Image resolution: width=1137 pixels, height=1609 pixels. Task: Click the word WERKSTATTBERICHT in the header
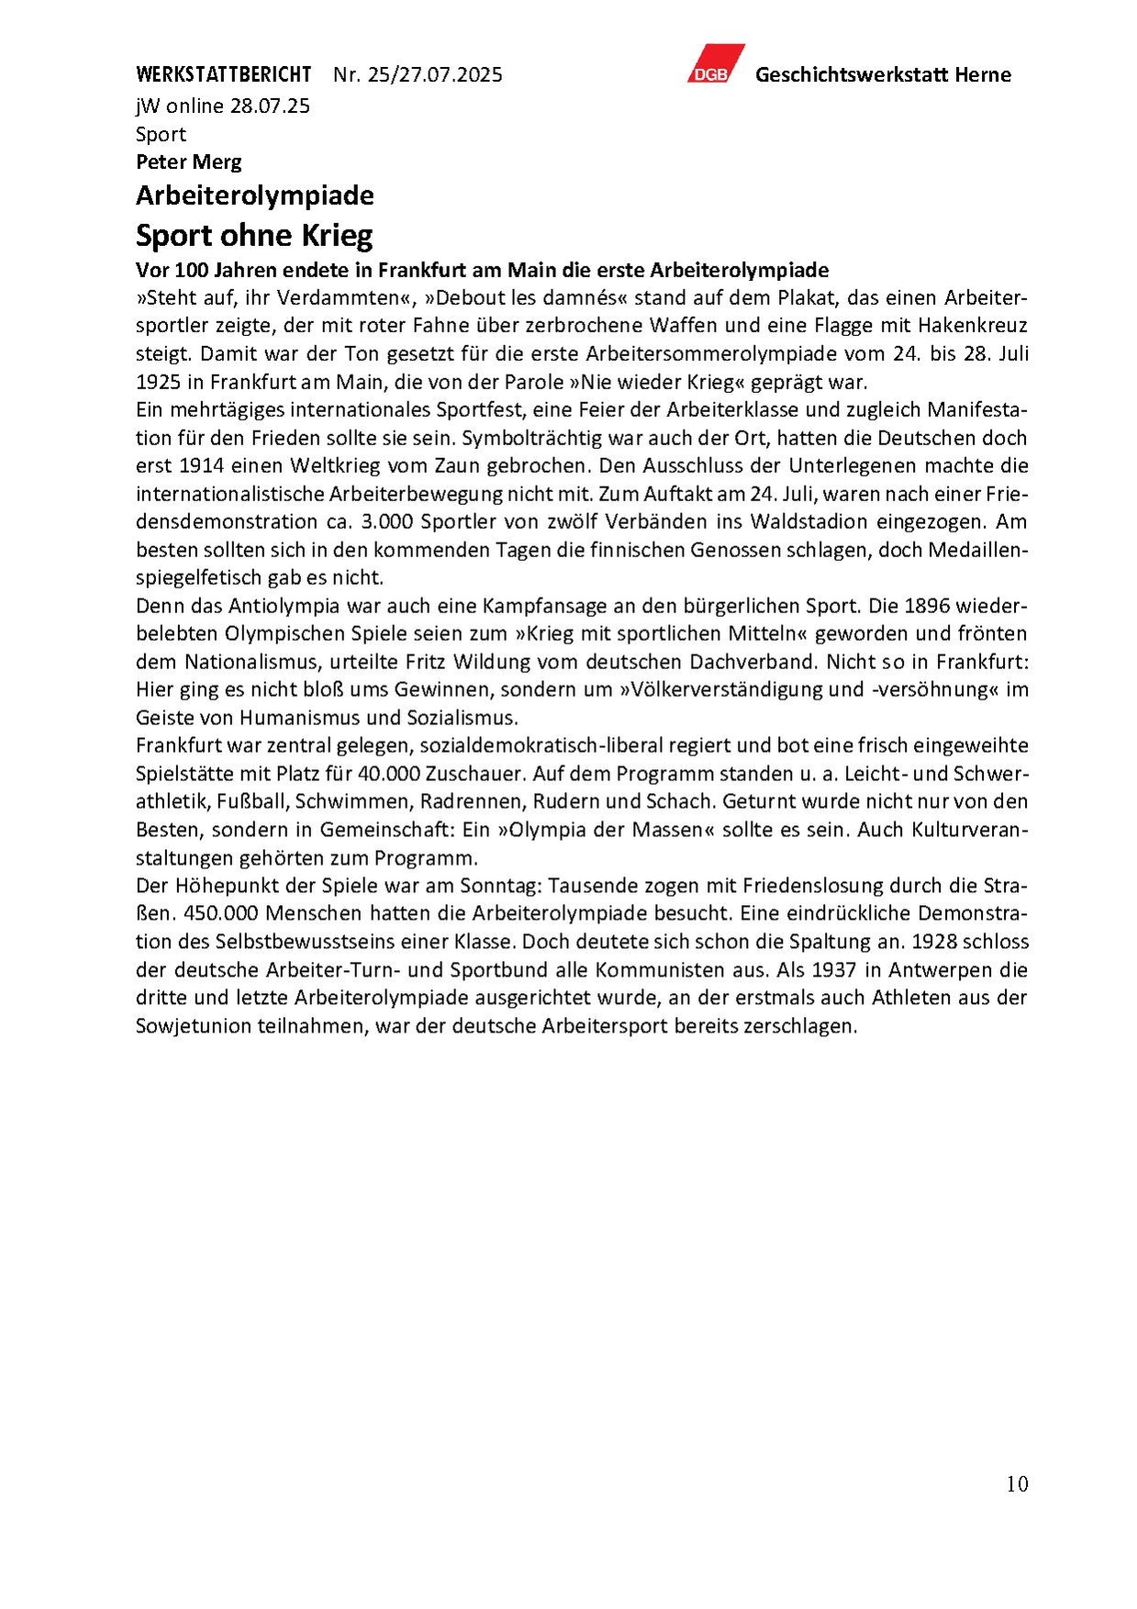(x=223, y=74)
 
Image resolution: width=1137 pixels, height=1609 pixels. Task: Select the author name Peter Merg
(x=188, y=162)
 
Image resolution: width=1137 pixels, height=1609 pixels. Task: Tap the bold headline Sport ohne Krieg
(x=254, y=236)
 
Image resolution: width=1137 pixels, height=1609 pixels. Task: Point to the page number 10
(x=1017, y=1484)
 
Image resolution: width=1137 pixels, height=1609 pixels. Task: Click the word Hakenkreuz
(x=975, y=325)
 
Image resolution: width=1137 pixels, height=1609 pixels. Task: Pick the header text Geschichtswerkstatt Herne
(x=883, y=75)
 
